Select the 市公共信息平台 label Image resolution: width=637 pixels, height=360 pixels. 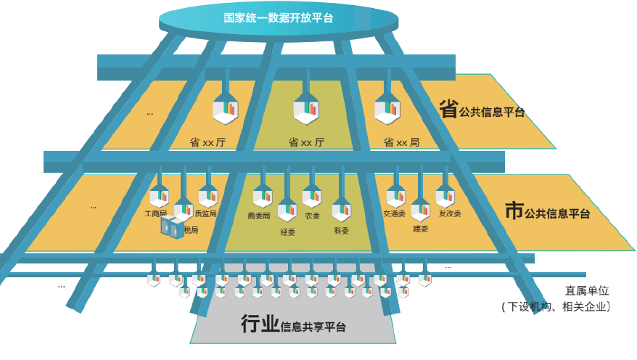547,213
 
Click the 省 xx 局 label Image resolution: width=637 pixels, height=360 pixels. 401,142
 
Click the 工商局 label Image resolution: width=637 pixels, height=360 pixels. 156,214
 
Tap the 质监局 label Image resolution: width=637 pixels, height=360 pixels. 205,214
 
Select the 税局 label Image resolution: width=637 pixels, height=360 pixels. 191,230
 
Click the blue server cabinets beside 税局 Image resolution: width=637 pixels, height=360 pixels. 173,228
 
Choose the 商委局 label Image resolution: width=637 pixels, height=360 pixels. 259,216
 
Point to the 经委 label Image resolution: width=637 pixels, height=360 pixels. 287,232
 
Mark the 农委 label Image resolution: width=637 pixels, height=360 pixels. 312,216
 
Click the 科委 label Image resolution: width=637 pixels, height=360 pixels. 341,231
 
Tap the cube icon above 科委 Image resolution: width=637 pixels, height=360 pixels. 341,211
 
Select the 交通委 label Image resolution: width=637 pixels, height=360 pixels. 395,215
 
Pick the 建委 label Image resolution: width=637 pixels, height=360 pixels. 421,229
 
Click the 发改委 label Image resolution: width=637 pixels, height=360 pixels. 450,214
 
